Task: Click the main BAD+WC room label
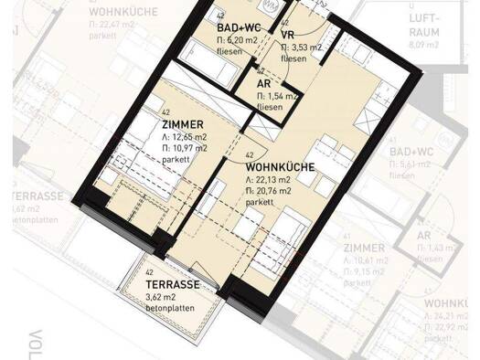coord(240,28)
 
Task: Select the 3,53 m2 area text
coord(301,47)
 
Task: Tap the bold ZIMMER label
coord(182,125)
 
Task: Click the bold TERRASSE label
coord(174,285)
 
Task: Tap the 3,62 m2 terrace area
coord(165,297)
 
